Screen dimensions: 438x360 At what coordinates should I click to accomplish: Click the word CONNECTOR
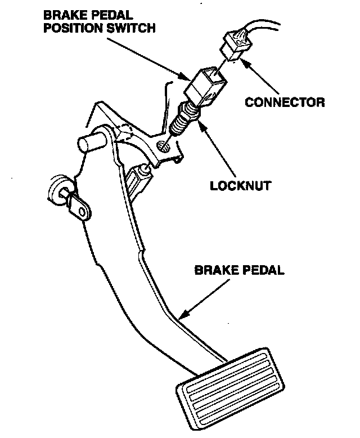(x=285, y=102)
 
